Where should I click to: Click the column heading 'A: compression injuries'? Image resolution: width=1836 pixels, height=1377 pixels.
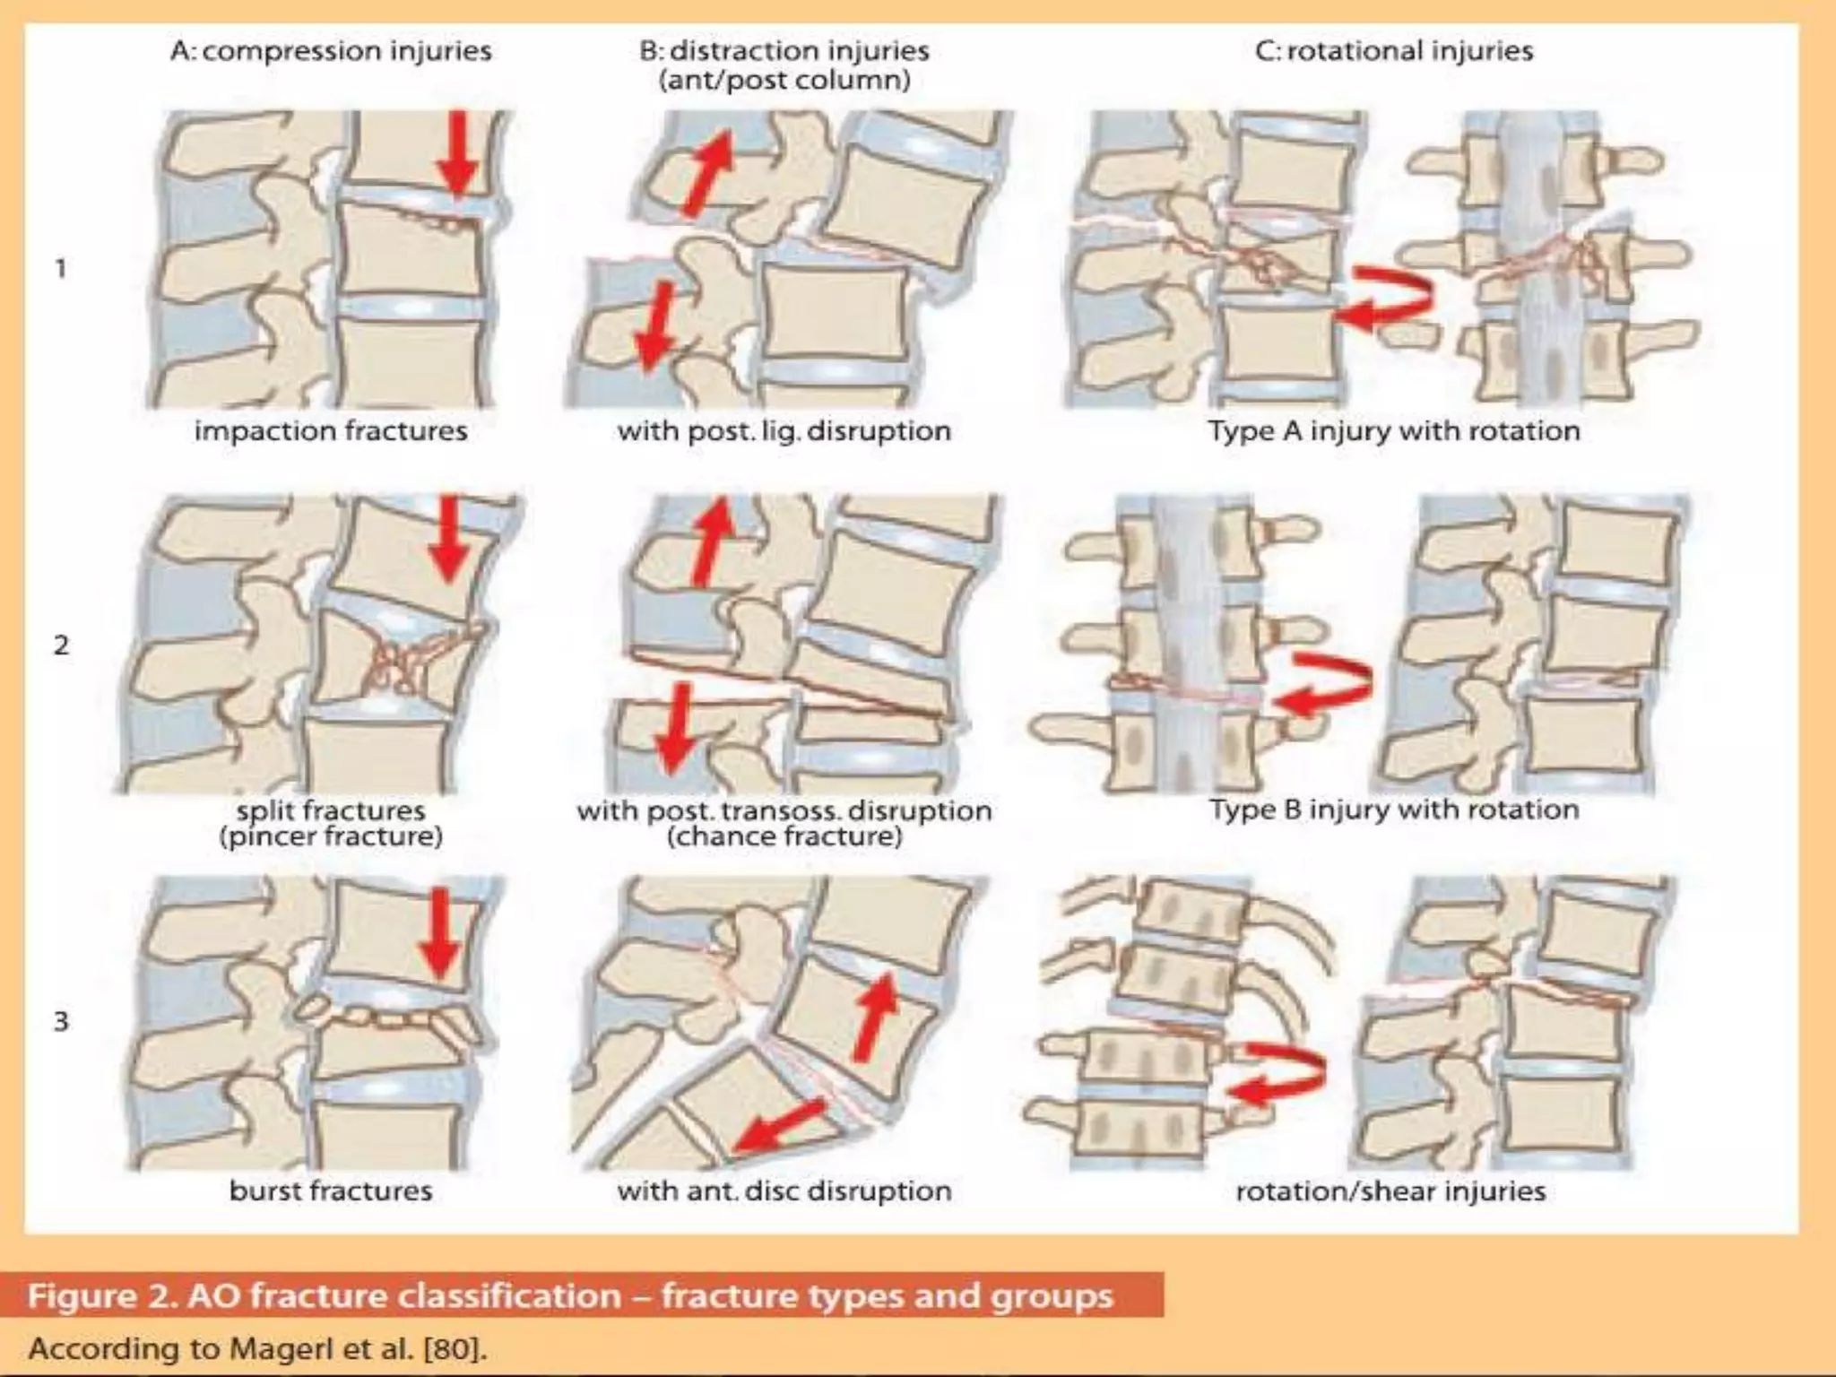331,50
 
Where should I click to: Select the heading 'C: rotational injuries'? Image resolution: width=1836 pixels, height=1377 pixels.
1394,50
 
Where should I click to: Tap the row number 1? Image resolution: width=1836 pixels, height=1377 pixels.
61,268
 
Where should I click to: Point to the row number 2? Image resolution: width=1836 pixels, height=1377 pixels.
61,645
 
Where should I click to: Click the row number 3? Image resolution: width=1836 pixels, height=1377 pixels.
61,1021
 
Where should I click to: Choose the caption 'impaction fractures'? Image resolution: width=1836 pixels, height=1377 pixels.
331,431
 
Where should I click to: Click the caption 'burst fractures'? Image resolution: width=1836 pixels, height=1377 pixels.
331,1191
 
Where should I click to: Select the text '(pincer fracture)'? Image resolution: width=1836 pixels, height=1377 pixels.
331,837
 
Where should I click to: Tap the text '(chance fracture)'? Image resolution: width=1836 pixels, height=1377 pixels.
784,837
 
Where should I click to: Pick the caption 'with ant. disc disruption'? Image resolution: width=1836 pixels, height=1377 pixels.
784,1191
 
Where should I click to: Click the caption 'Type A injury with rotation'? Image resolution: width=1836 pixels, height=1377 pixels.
1394,431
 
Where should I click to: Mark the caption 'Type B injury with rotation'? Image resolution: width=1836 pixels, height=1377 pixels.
1394,810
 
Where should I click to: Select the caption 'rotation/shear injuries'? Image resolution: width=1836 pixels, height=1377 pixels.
1390,1191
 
